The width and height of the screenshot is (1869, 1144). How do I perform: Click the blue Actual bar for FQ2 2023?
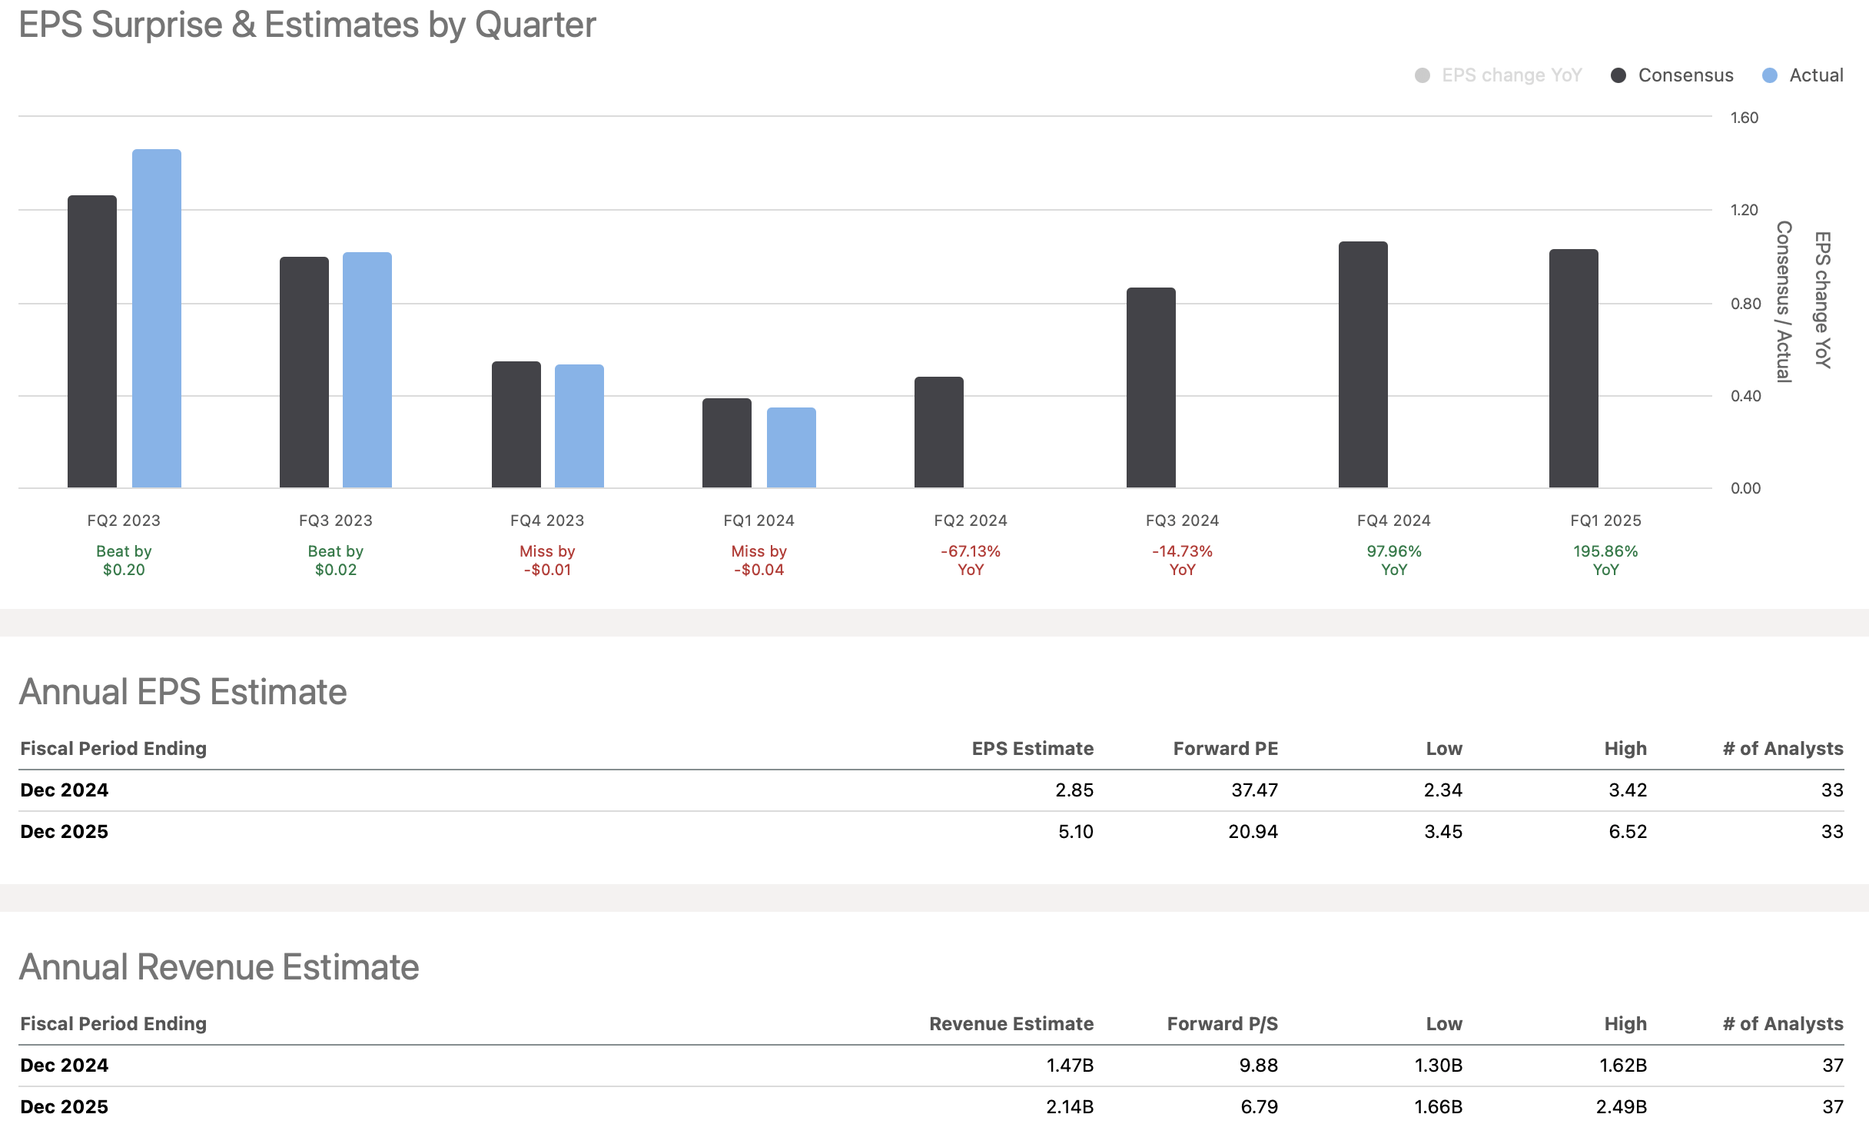(157, 318)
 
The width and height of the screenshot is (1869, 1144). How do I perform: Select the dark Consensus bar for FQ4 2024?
(1363, 364)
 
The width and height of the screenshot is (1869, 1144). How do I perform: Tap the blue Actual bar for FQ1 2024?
(791, 447)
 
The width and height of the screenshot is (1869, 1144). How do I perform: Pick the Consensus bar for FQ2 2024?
(938, 432)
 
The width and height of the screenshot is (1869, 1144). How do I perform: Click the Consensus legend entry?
(1672, 75)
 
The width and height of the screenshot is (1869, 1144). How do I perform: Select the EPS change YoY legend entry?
(1499, 75)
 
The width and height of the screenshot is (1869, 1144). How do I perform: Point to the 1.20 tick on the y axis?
(1744, 210)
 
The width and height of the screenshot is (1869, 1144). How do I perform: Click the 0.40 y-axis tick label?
(1745, 396)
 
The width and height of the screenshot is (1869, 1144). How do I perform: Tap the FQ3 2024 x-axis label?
(1182, 520)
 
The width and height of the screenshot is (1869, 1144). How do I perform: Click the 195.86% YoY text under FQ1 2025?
(1605, 560)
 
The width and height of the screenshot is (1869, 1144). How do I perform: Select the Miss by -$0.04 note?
(759, 560)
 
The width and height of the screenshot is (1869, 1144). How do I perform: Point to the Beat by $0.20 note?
(124, 560)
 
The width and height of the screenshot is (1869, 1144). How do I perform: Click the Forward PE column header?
(1225, 749)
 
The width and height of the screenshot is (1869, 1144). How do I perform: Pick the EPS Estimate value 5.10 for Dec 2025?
(1075, 832)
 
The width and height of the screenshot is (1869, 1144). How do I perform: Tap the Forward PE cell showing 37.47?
(1254, 790)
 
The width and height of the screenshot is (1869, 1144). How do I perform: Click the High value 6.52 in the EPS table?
(1627, 832)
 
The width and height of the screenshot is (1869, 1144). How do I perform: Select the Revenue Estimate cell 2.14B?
(1069, 1107)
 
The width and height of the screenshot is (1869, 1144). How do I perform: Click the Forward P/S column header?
(1222, 1024)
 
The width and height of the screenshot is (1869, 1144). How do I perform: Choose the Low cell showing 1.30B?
(1438, 1066)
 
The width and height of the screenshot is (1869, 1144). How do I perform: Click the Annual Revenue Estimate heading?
(219, 967)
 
